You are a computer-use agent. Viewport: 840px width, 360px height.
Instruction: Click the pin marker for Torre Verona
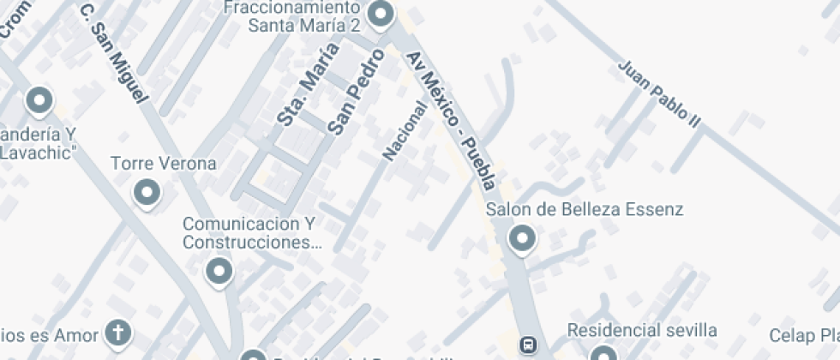click(147, 192)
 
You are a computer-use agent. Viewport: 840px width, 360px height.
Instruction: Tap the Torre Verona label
click(164, 163)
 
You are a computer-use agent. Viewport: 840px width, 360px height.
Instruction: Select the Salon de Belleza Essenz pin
click(521, 237)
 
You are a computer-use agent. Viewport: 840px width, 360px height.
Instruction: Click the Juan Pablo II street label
click(659, 95)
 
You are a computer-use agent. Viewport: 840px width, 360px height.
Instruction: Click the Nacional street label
click(405, 130)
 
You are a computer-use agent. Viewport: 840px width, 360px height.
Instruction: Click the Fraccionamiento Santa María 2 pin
click(380, 13)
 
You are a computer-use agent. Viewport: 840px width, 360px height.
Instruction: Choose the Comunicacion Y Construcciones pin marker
click(219, 271)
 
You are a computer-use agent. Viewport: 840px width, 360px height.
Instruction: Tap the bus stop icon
click(529, 345)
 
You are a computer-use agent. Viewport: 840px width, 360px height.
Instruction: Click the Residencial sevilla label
click(642, 330)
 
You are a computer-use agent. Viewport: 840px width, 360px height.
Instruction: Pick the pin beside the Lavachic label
click(39, 100)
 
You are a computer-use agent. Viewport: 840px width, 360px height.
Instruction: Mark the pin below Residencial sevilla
click(603, 354)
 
